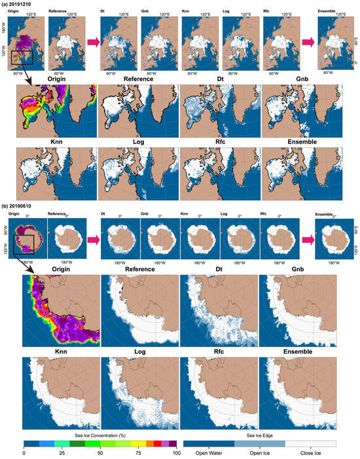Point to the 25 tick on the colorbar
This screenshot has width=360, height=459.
[61, 453]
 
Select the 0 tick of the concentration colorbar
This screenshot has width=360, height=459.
[24, 453]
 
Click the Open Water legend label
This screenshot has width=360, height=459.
[209, 453]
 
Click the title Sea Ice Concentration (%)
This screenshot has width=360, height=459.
[99, 435]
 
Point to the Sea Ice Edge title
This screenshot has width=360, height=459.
[260, 435]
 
